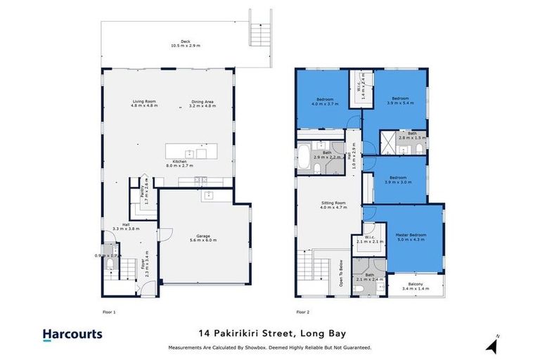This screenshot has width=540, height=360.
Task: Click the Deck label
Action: pos(186,41)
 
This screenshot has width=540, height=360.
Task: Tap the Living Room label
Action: pos(144,102)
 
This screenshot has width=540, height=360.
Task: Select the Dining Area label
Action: pos(204,102)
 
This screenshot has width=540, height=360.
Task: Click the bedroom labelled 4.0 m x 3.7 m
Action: pos(324,99)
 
